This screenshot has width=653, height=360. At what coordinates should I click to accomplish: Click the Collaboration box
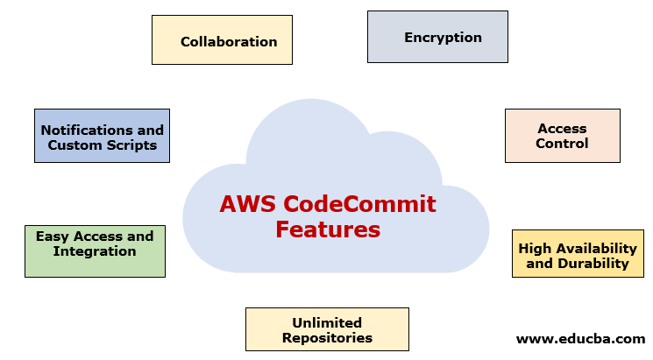coord(222,40)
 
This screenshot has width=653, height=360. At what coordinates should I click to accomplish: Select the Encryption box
coord(437,37)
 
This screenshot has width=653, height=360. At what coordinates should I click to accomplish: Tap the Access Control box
coord(562,136)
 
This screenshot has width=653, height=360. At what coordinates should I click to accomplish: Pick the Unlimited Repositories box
coord(327,329)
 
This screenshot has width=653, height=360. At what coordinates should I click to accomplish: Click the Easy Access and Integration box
coord(95,251)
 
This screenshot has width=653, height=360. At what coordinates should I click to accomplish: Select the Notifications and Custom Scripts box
coord(102,136)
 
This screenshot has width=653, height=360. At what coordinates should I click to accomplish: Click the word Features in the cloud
coord(327,230)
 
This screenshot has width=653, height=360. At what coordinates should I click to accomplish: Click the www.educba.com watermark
coord(580,338)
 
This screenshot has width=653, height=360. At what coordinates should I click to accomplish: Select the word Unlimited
coord(327,322)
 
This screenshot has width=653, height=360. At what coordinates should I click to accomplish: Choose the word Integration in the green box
coord(95,251)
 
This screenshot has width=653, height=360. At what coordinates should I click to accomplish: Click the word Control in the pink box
coord(562,143)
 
